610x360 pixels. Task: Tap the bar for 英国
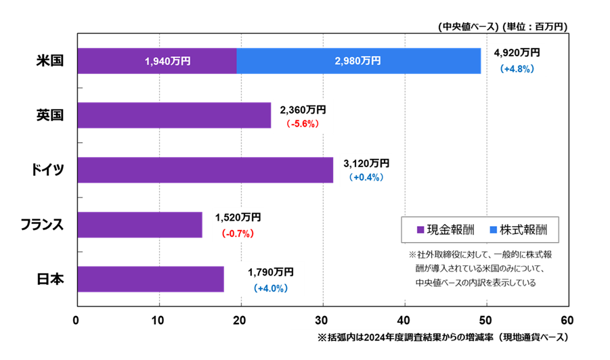(x=174, y=115)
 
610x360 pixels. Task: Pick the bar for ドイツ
(x=205, y=170)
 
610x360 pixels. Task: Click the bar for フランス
(x=139, y=225)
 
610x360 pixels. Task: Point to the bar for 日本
(x=150, y=279)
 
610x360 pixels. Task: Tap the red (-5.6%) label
(x=302, y=124)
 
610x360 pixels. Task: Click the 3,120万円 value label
(x=366, y=163)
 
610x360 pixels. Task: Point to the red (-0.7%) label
(x=237, y=233)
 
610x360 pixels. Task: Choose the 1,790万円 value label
(x=271, y=272)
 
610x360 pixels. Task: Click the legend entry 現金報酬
(x=443, y=230)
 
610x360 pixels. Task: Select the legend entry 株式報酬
(x=518, y=230)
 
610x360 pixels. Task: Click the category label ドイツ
(x=48, y=170)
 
